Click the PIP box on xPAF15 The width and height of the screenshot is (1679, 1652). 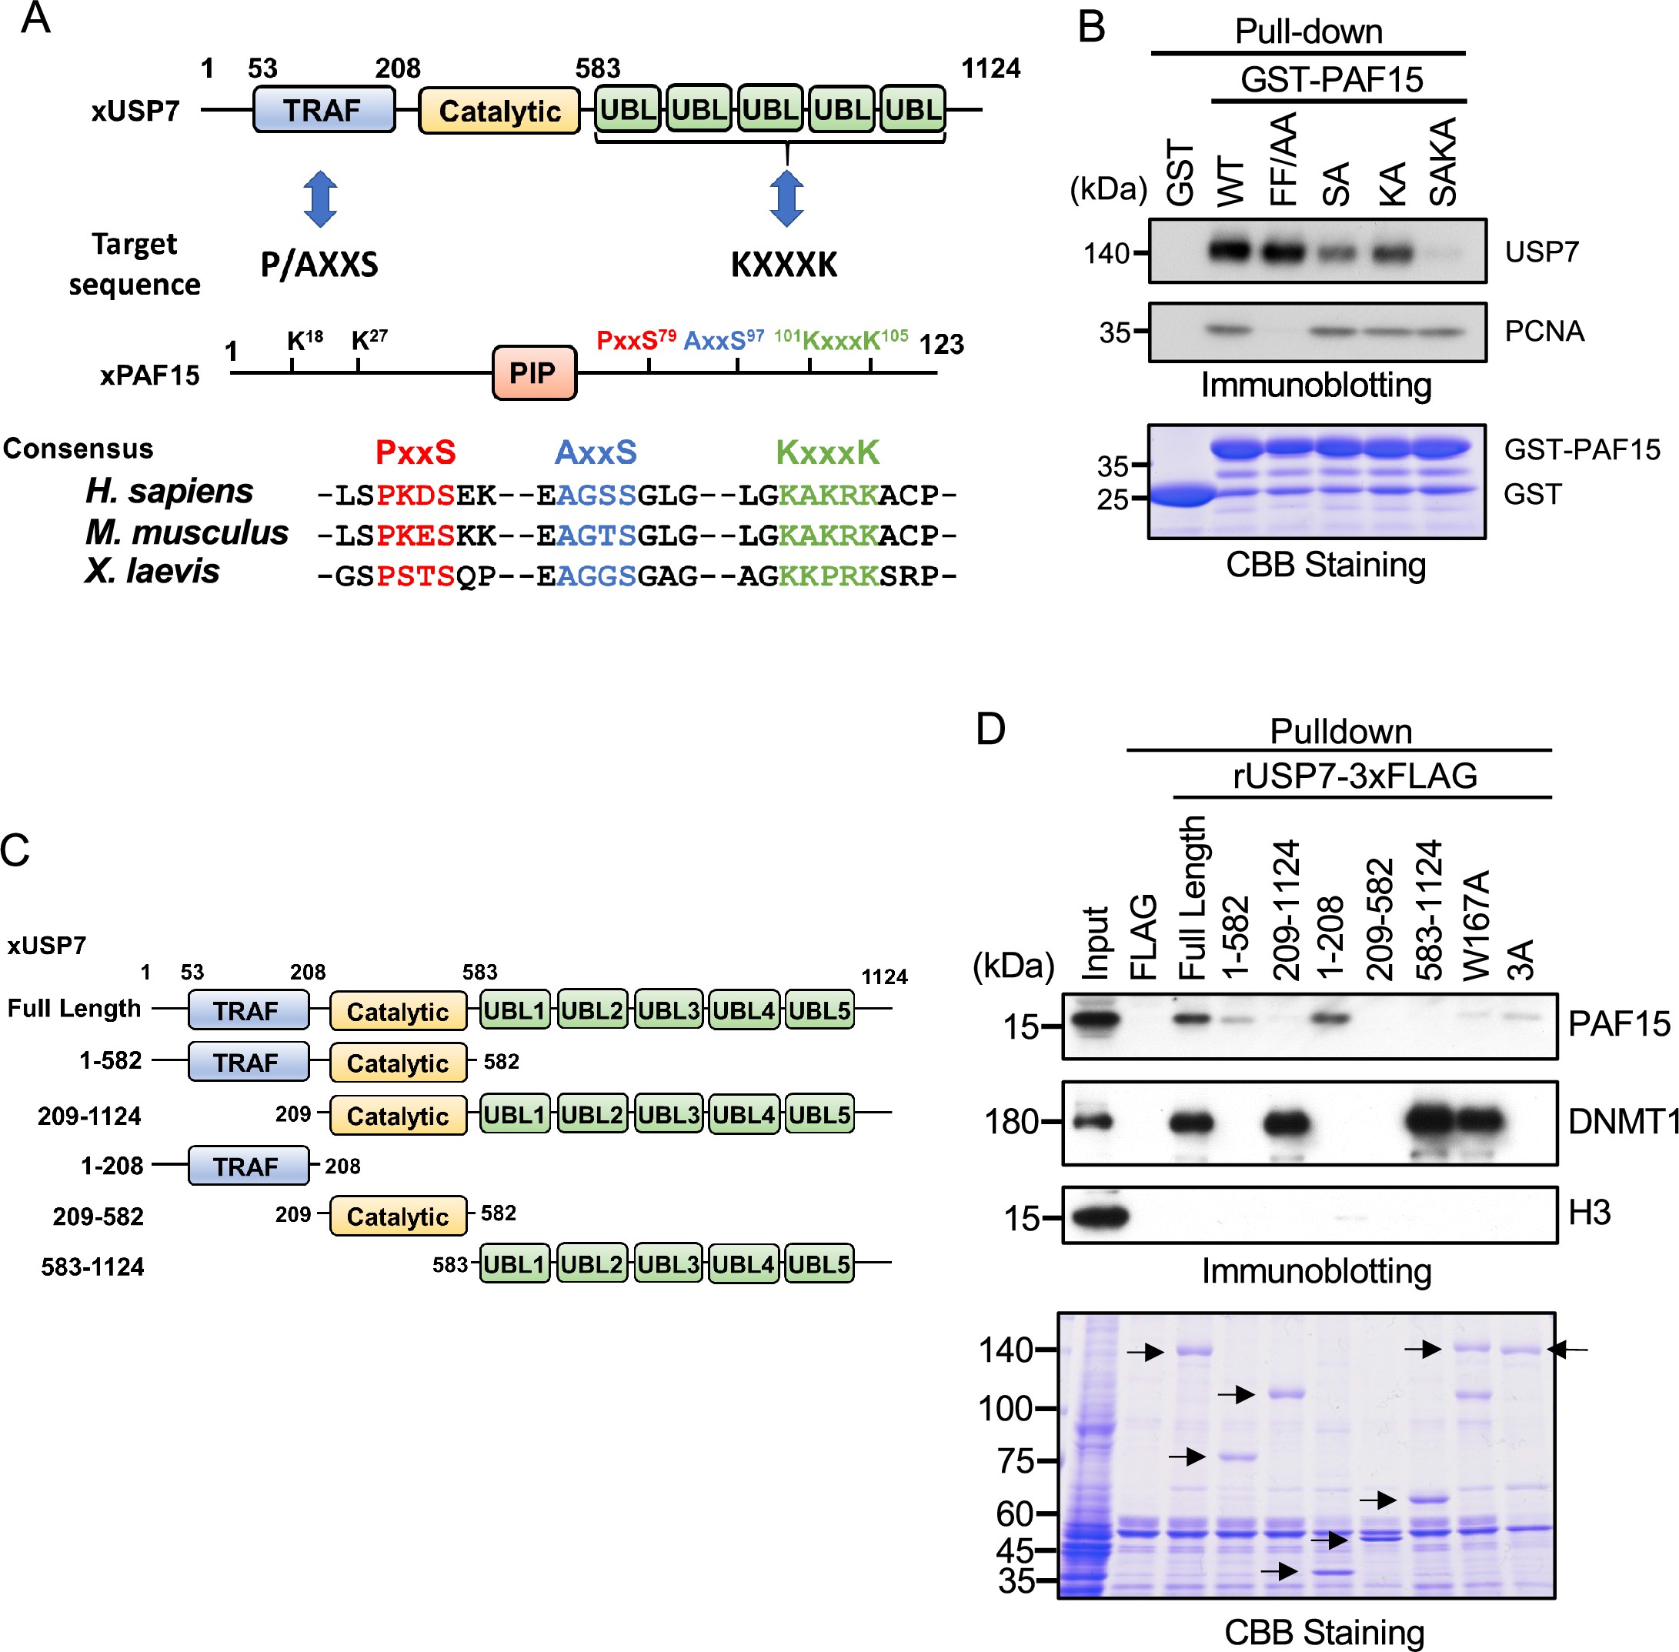[534, 373]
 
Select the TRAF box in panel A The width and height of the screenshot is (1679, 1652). [322, 110]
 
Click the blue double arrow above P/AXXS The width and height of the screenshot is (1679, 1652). [320, 199]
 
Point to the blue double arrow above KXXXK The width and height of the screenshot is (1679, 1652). [786, 199]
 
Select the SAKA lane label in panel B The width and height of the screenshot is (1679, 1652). [1443, 162]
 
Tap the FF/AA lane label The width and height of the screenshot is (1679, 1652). [1283, 159]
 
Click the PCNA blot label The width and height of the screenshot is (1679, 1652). [1544, 332]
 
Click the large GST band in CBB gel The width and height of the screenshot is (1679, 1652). [1178, 496]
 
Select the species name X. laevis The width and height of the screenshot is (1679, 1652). [152, 572]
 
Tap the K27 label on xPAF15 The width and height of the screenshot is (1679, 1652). [369, 339]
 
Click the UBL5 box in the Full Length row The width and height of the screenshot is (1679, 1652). [819, 1011]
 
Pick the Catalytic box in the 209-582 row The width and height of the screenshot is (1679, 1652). [397, 1216]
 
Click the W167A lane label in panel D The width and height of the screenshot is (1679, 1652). [1476, 925]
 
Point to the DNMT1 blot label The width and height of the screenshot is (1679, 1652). [1624, 1122]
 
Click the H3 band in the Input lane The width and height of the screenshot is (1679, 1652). [1097, 1216]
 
